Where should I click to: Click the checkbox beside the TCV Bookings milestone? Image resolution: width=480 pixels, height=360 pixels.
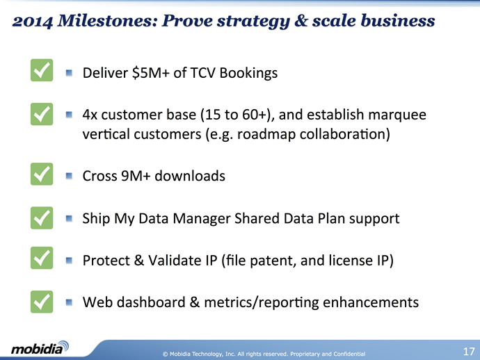point(42,70)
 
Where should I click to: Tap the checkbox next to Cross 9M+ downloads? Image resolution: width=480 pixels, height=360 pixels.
point(42,174)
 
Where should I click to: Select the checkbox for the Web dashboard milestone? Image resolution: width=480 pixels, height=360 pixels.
point(42,302)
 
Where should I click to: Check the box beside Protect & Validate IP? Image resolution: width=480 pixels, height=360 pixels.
point(42,258)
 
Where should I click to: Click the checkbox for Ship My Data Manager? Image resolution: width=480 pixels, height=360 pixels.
point(42,218)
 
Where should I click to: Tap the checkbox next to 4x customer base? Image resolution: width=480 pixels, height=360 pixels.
point(42,114)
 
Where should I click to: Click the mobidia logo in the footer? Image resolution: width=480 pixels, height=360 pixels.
point(40,347)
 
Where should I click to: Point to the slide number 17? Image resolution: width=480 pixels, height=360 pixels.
point(469,352)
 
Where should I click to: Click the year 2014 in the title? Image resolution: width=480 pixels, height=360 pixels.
point(33,22)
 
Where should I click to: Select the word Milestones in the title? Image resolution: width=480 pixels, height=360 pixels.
point(107,21)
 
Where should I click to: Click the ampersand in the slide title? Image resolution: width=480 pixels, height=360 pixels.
point(301,21)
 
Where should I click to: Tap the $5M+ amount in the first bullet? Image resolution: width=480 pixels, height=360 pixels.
point(151,73)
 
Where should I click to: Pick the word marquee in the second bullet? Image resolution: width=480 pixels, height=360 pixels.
point(397,115)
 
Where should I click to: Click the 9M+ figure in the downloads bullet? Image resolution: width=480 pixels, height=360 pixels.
point(136,176)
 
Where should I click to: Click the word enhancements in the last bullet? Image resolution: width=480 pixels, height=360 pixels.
point(371,302)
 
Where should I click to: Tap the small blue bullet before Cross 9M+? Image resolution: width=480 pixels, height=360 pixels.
point(69,176)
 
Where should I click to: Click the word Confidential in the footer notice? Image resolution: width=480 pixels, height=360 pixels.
point(349,354)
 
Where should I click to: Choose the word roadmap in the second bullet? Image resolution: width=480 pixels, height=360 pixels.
point(266,135)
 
